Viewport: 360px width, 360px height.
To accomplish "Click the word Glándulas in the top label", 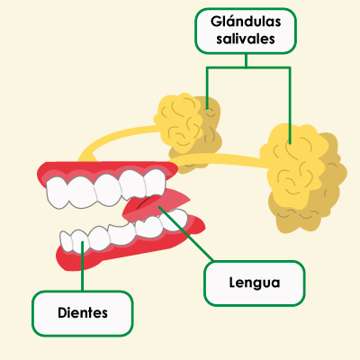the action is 246,22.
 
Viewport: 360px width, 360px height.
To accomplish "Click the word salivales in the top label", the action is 246,39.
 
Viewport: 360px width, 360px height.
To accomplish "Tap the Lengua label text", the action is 255,283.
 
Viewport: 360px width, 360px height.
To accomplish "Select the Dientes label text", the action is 83,313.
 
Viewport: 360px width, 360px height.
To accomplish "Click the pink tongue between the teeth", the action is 156,205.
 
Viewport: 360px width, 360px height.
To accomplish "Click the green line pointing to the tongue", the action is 186,233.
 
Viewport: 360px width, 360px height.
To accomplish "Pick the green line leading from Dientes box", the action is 83,266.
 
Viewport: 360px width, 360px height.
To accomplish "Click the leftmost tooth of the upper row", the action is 57,193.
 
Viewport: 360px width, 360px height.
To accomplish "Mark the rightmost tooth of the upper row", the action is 155,183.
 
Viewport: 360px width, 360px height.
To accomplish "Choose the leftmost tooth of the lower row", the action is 67,241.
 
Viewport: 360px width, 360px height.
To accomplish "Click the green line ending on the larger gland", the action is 290,105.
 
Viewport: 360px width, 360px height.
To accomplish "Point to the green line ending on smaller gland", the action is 207,87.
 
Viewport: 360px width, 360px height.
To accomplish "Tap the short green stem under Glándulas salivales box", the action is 246,60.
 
